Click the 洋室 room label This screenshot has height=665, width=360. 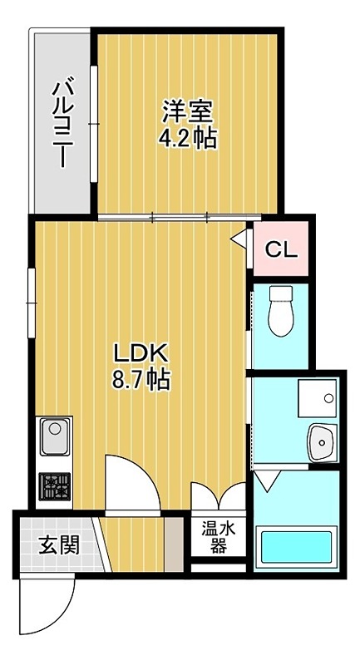[187, 111]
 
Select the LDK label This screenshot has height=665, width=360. [141, 352]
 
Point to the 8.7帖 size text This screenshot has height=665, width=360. [141, 379]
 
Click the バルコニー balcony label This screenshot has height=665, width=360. [62, 121]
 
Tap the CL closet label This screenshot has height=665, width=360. [281, 250]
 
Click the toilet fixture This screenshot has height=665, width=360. [281, 311]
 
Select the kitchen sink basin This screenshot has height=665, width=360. [55, 436]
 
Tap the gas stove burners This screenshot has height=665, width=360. [55, 486]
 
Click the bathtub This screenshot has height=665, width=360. [296, 547]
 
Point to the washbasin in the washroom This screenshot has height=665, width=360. [323, 443]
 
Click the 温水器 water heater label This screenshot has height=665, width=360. [218, 537]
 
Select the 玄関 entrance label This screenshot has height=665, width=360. [59, 545]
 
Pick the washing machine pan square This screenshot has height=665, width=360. [318, 398]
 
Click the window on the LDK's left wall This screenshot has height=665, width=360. [32, 303]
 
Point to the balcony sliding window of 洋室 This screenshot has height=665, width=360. [94, 123]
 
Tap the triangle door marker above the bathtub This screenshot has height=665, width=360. [268, 480]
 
